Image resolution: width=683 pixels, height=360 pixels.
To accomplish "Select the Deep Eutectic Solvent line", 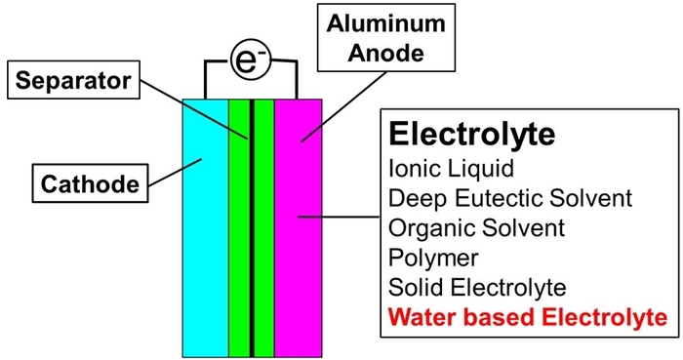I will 510,198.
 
